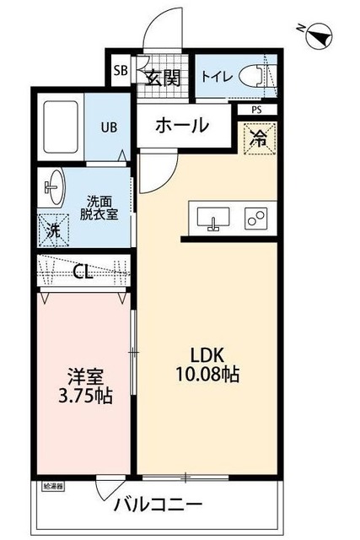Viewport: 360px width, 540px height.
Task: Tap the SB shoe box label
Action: click(x=121, y=71)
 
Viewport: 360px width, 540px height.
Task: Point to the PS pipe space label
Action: click(x=256, y=109)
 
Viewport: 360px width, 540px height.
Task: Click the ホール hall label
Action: click(x=181, y=126)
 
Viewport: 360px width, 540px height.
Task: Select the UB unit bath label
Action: click(x=110, y=127)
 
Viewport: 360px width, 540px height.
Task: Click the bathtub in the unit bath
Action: click(x=60, y=127)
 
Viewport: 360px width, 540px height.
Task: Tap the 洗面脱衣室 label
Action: click(x=99, y=208)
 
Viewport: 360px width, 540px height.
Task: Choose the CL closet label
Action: click(x=83, y=272)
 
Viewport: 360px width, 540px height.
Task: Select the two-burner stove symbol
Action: click(x=256, y=218)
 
